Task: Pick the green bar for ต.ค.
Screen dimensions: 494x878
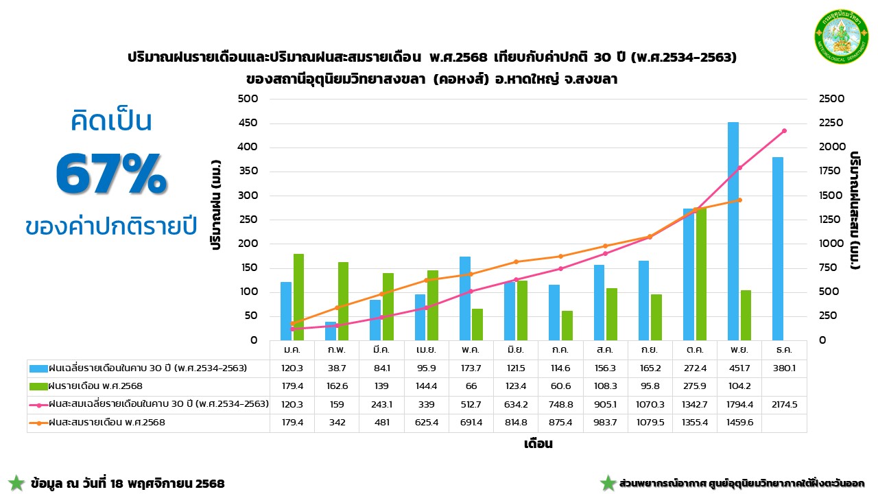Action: click(x=701, y=274)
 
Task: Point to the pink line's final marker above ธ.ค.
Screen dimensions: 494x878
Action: click(x=784, y=131)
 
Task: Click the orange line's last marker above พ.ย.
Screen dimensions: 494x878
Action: click(x=739, y=200)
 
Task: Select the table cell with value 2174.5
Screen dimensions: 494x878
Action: click(x=784, y=405)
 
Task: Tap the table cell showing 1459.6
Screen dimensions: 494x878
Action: click(x=739, y=423)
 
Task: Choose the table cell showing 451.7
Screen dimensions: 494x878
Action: click(x=739, y=368)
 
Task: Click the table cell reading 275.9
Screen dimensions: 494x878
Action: click(x=695, y=387)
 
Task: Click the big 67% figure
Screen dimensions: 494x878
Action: click(x=110, y=174)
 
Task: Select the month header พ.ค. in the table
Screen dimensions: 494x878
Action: click(x=471, y=350)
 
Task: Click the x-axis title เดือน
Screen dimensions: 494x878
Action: click(x=538, y=444)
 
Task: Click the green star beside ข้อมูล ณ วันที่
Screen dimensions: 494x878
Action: click(x=16, y=483)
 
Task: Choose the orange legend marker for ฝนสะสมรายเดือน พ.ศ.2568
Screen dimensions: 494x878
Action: click(x=39, y=423)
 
